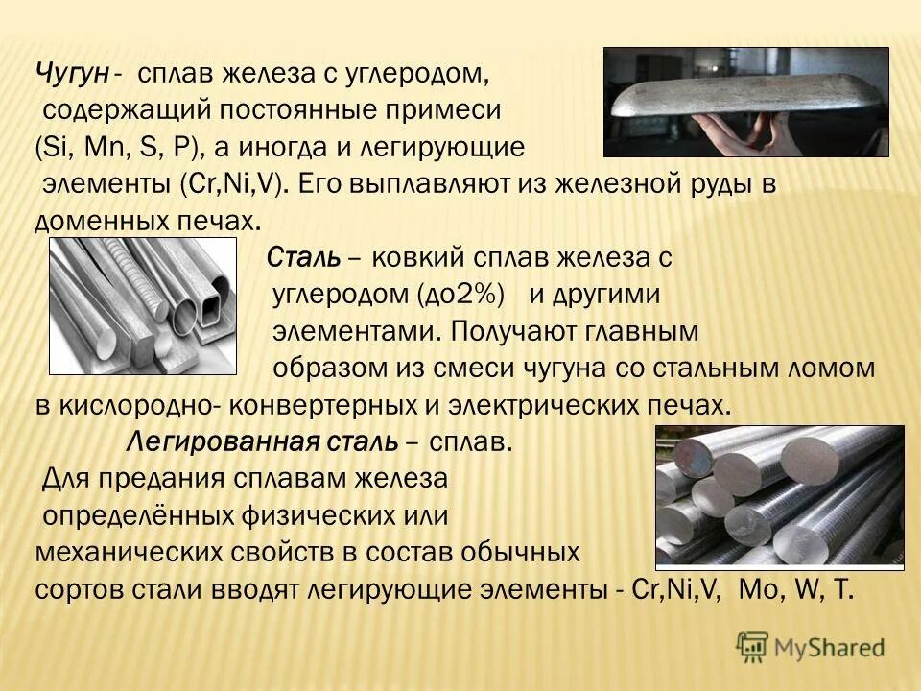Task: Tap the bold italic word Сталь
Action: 299,258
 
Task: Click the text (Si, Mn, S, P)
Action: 116,148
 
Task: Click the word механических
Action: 138,554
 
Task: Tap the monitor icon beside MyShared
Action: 752,646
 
